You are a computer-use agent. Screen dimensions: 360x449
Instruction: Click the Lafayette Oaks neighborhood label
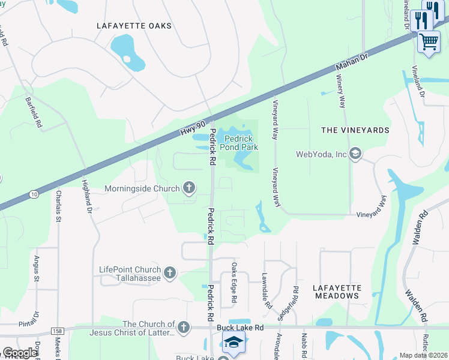pos(134,26)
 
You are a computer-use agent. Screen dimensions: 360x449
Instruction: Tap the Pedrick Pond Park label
pos(238,142)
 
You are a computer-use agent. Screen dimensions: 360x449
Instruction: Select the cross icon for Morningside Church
pos(189,188)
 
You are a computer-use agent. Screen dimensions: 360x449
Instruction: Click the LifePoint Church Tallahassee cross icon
pos(169,273)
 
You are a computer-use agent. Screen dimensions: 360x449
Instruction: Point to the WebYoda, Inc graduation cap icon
pos(355,154)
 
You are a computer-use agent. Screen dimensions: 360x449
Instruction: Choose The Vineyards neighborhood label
pos(355,130)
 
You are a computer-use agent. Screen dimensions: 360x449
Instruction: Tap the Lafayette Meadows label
pos(337,292)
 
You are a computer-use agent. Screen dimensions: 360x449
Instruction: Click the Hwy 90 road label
pos(193,127)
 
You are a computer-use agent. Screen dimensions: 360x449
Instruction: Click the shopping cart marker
pos(429,42)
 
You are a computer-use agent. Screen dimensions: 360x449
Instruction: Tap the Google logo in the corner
pos(20,353)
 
